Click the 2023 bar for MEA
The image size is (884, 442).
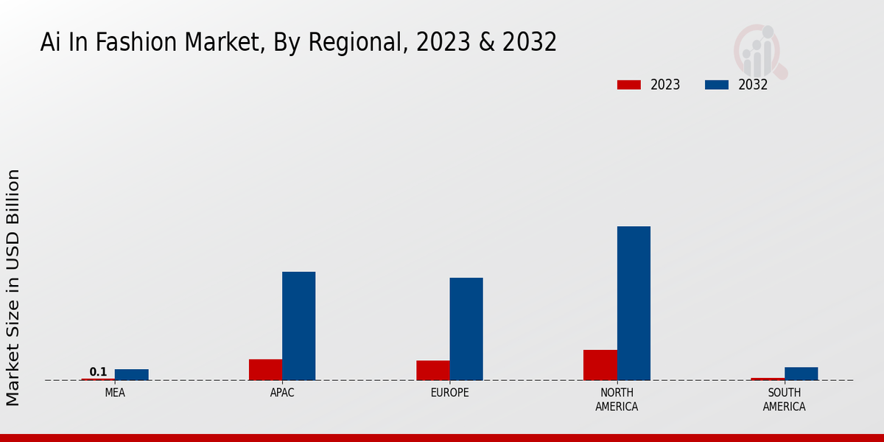[x=98, y=379]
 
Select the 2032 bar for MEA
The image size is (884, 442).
[x=131, y=374]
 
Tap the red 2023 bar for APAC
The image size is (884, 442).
[x=265, y=370]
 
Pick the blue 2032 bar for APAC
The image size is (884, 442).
[x=298, y=326]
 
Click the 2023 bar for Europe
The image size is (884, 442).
[x=432, y=371]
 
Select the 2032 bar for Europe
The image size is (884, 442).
[x=466, y=329]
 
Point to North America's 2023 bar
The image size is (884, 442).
[x=600, y=365]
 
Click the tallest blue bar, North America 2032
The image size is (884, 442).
[x=634, y=303]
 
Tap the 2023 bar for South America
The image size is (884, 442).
[x=767, y=379]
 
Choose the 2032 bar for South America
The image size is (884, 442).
[x=801, y=373]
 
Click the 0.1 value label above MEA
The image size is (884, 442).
[x=98, y=371]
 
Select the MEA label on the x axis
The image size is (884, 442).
[x=115, y=393]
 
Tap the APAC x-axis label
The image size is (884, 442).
[x=282, y=393]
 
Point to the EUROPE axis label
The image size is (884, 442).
[x=449, y=393]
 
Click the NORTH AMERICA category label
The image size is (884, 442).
[x=617, y=399]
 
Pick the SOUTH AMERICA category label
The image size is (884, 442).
[x=784, y=399]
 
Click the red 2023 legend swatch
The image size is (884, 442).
[x=628, y=85]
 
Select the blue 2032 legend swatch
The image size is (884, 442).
[x=716, y=85]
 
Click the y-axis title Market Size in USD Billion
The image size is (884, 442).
[x=13, y=287]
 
